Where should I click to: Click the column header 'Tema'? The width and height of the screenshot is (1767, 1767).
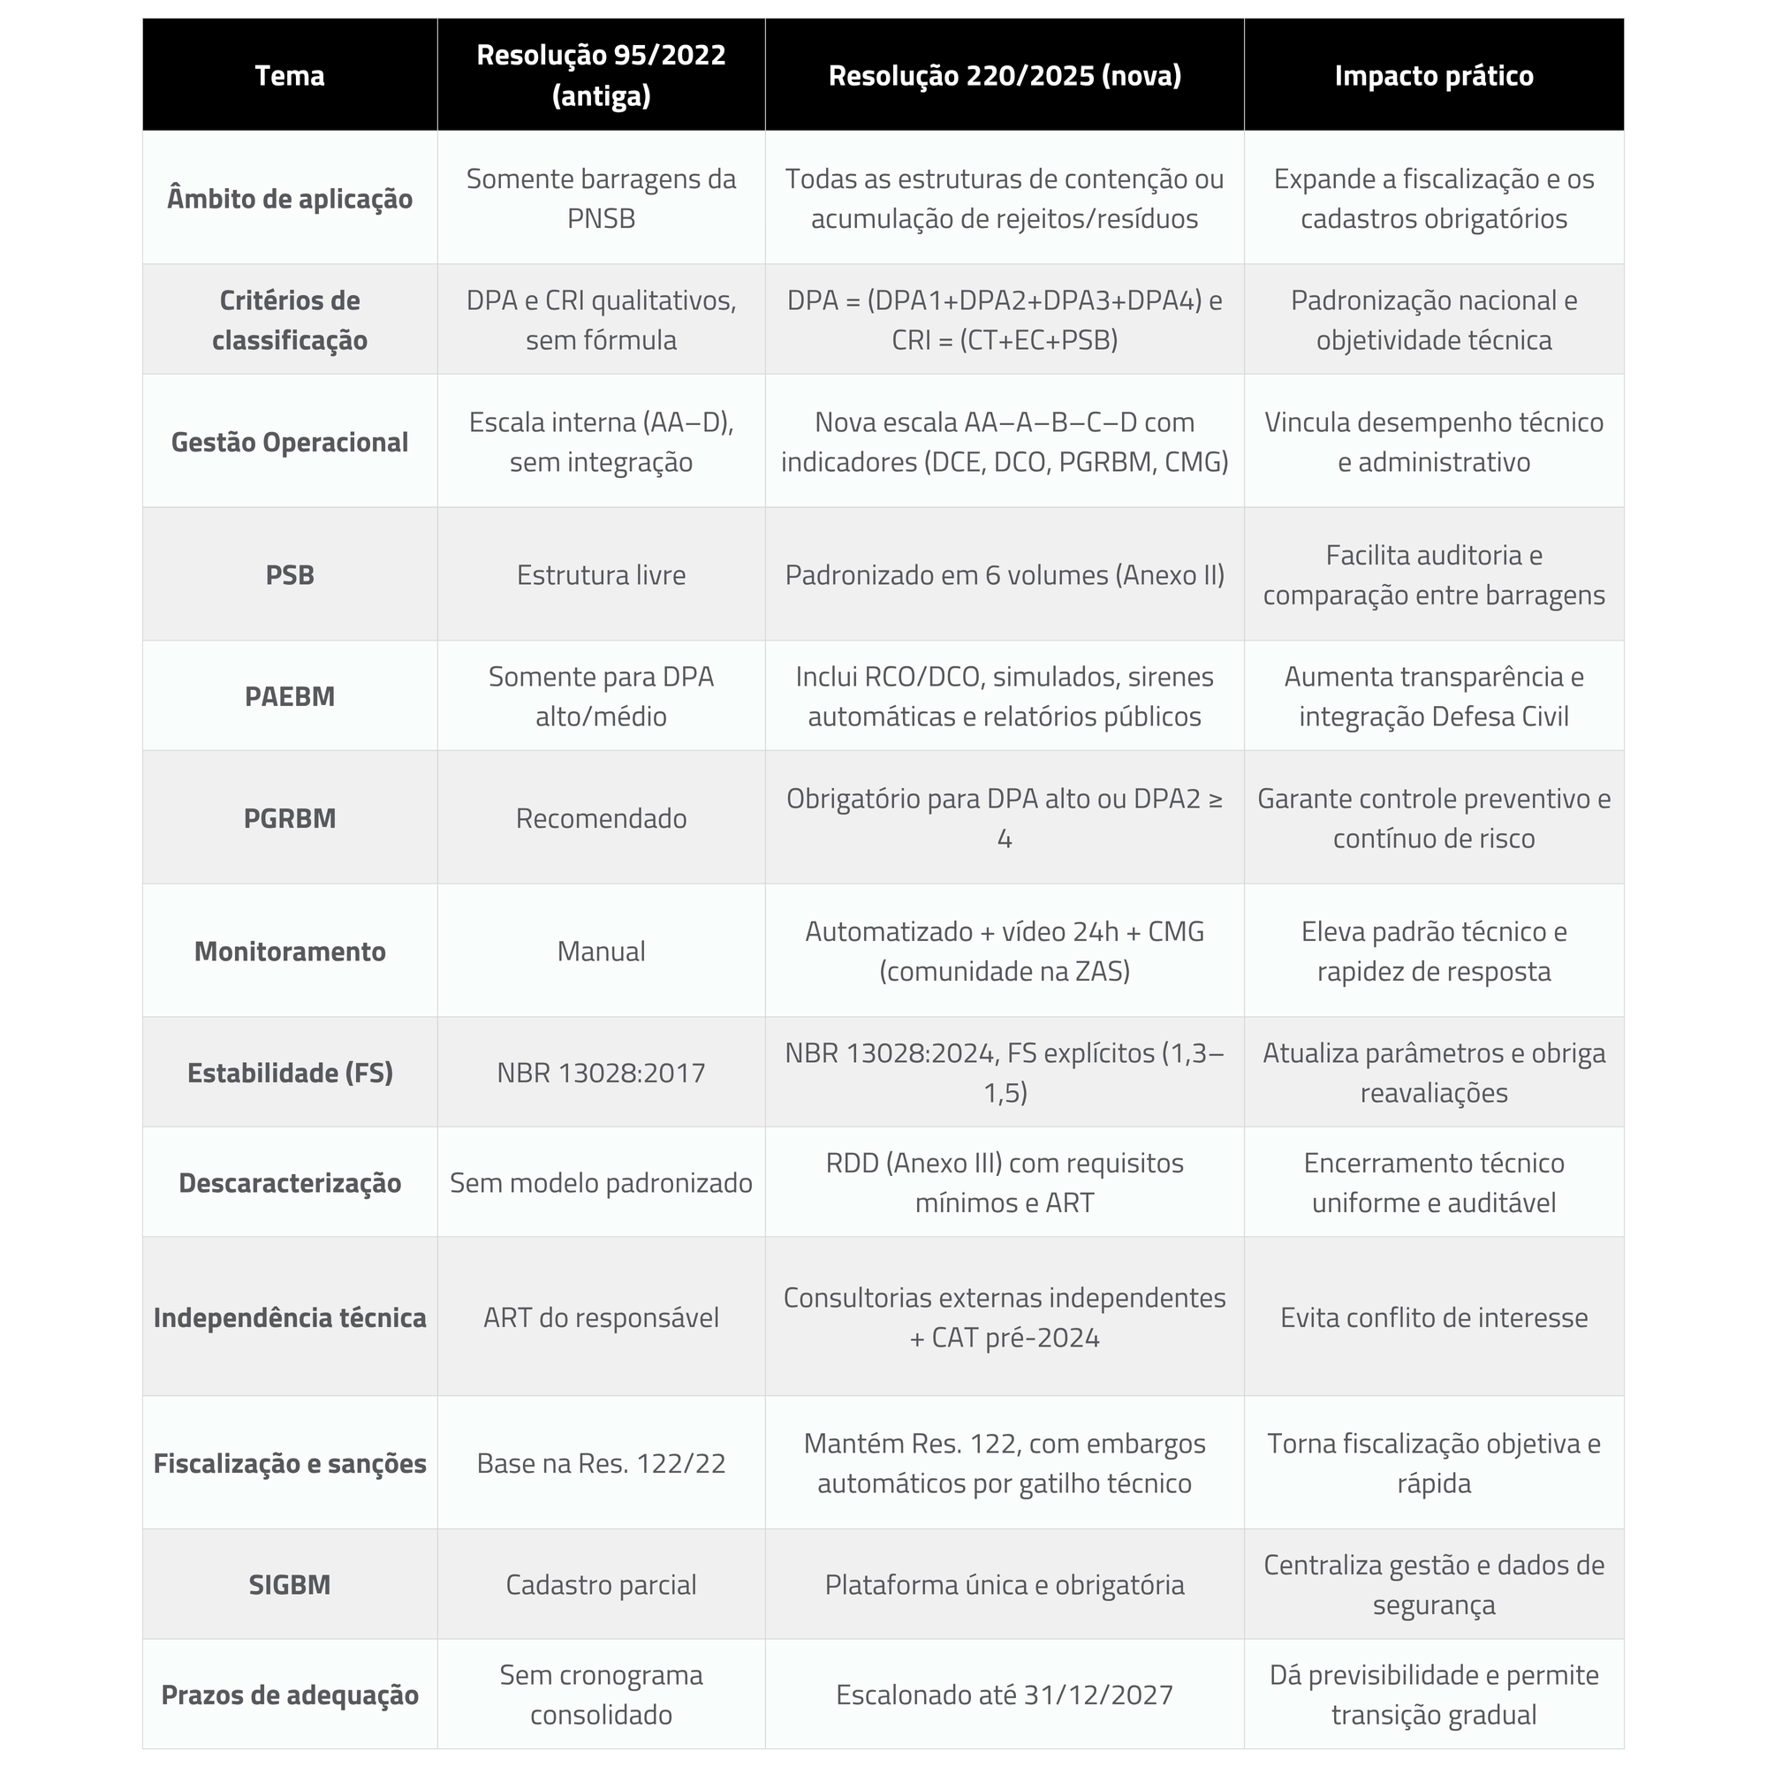(289, 75)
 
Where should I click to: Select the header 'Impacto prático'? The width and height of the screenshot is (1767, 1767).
(1433, 75)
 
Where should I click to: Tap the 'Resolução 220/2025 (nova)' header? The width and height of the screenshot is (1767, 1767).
(1005, 75)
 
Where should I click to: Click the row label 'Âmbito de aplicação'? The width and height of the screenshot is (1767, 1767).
(289, 199)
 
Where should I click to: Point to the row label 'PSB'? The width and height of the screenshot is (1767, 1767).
(289, 574)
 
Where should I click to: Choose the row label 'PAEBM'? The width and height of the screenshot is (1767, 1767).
(289, 696)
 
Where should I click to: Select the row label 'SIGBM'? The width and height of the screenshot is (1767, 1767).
(289, 1584)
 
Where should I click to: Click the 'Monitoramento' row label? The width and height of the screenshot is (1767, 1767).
(289, 952)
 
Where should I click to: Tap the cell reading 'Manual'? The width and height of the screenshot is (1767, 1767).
(601, 952)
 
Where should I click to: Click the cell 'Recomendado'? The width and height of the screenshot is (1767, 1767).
(601, 817)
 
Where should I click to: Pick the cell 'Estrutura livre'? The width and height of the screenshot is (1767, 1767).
(601, 574)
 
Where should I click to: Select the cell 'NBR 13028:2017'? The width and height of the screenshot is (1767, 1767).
(601, 1072)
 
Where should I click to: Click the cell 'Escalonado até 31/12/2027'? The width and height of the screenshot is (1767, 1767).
(1005, 1695)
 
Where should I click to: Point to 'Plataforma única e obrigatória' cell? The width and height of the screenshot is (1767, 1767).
(1005, 1584)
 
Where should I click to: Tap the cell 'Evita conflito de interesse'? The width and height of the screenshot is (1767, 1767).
(1433, 1317)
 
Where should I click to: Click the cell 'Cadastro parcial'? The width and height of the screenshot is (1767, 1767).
(601, 1584)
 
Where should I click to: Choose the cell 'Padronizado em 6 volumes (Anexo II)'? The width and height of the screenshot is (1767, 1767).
(1005, 574)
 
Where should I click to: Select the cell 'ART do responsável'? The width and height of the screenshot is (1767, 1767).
(601, 1317)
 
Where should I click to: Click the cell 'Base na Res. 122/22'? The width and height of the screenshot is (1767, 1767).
(601, 1463)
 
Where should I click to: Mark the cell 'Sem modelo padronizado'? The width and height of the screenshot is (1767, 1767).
(601, 1183)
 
